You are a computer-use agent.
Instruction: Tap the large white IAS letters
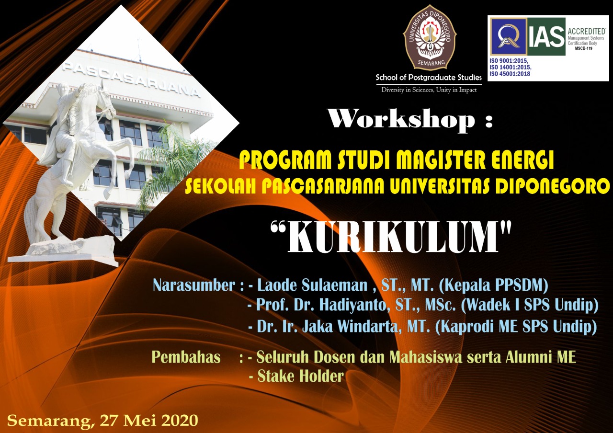click(x=546, y=37)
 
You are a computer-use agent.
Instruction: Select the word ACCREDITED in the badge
click(x=587, y=31)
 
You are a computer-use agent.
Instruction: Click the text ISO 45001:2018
click(x=510, y=74)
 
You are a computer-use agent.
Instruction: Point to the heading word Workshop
click(x=401, y=119)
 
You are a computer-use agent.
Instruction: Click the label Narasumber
click(x=194, y=285)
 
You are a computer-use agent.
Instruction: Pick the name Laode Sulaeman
click(x=312, y=285)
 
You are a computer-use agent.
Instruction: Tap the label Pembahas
click(x=186, y=357)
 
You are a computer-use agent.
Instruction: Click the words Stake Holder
click(x=300, y=376)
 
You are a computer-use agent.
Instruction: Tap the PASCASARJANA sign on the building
click(x=131, y=80)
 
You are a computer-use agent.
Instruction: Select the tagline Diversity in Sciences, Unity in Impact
click(x=429, y=90)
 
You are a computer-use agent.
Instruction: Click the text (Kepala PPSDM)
click(x=493, y=285)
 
